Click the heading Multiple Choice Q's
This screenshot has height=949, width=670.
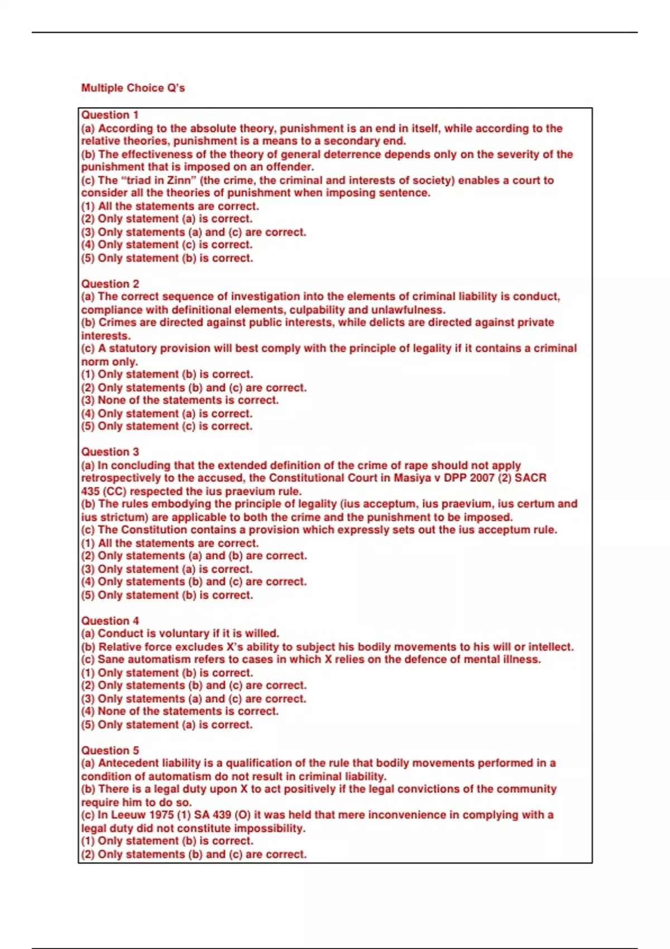(x=133, y=88)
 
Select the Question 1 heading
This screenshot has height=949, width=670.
(x=109, y=115)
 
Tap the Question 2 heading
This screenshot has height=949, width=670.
(x=109, y=284)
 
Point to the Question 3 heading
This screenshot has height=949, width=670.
(x=109, y=452)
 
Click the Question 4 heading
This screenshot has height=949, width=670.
(x=109, y=621)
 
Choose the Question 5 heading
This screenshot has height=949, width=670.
(x=109, y=750)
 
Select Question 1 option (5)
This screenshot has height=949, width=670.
(x=167, y=258)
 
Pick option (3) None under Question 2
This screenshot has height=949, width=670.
(x=179, y=400)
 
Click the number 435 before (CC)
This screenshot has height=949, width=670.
(x=90, y=491)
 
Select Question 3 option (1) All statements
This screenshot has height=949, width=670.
(x=170, y=543)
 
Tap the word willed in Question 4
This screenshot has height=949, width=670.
(x=262, y=634)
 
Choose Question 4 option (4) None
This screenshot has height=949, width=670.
(x=179, y=711)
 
